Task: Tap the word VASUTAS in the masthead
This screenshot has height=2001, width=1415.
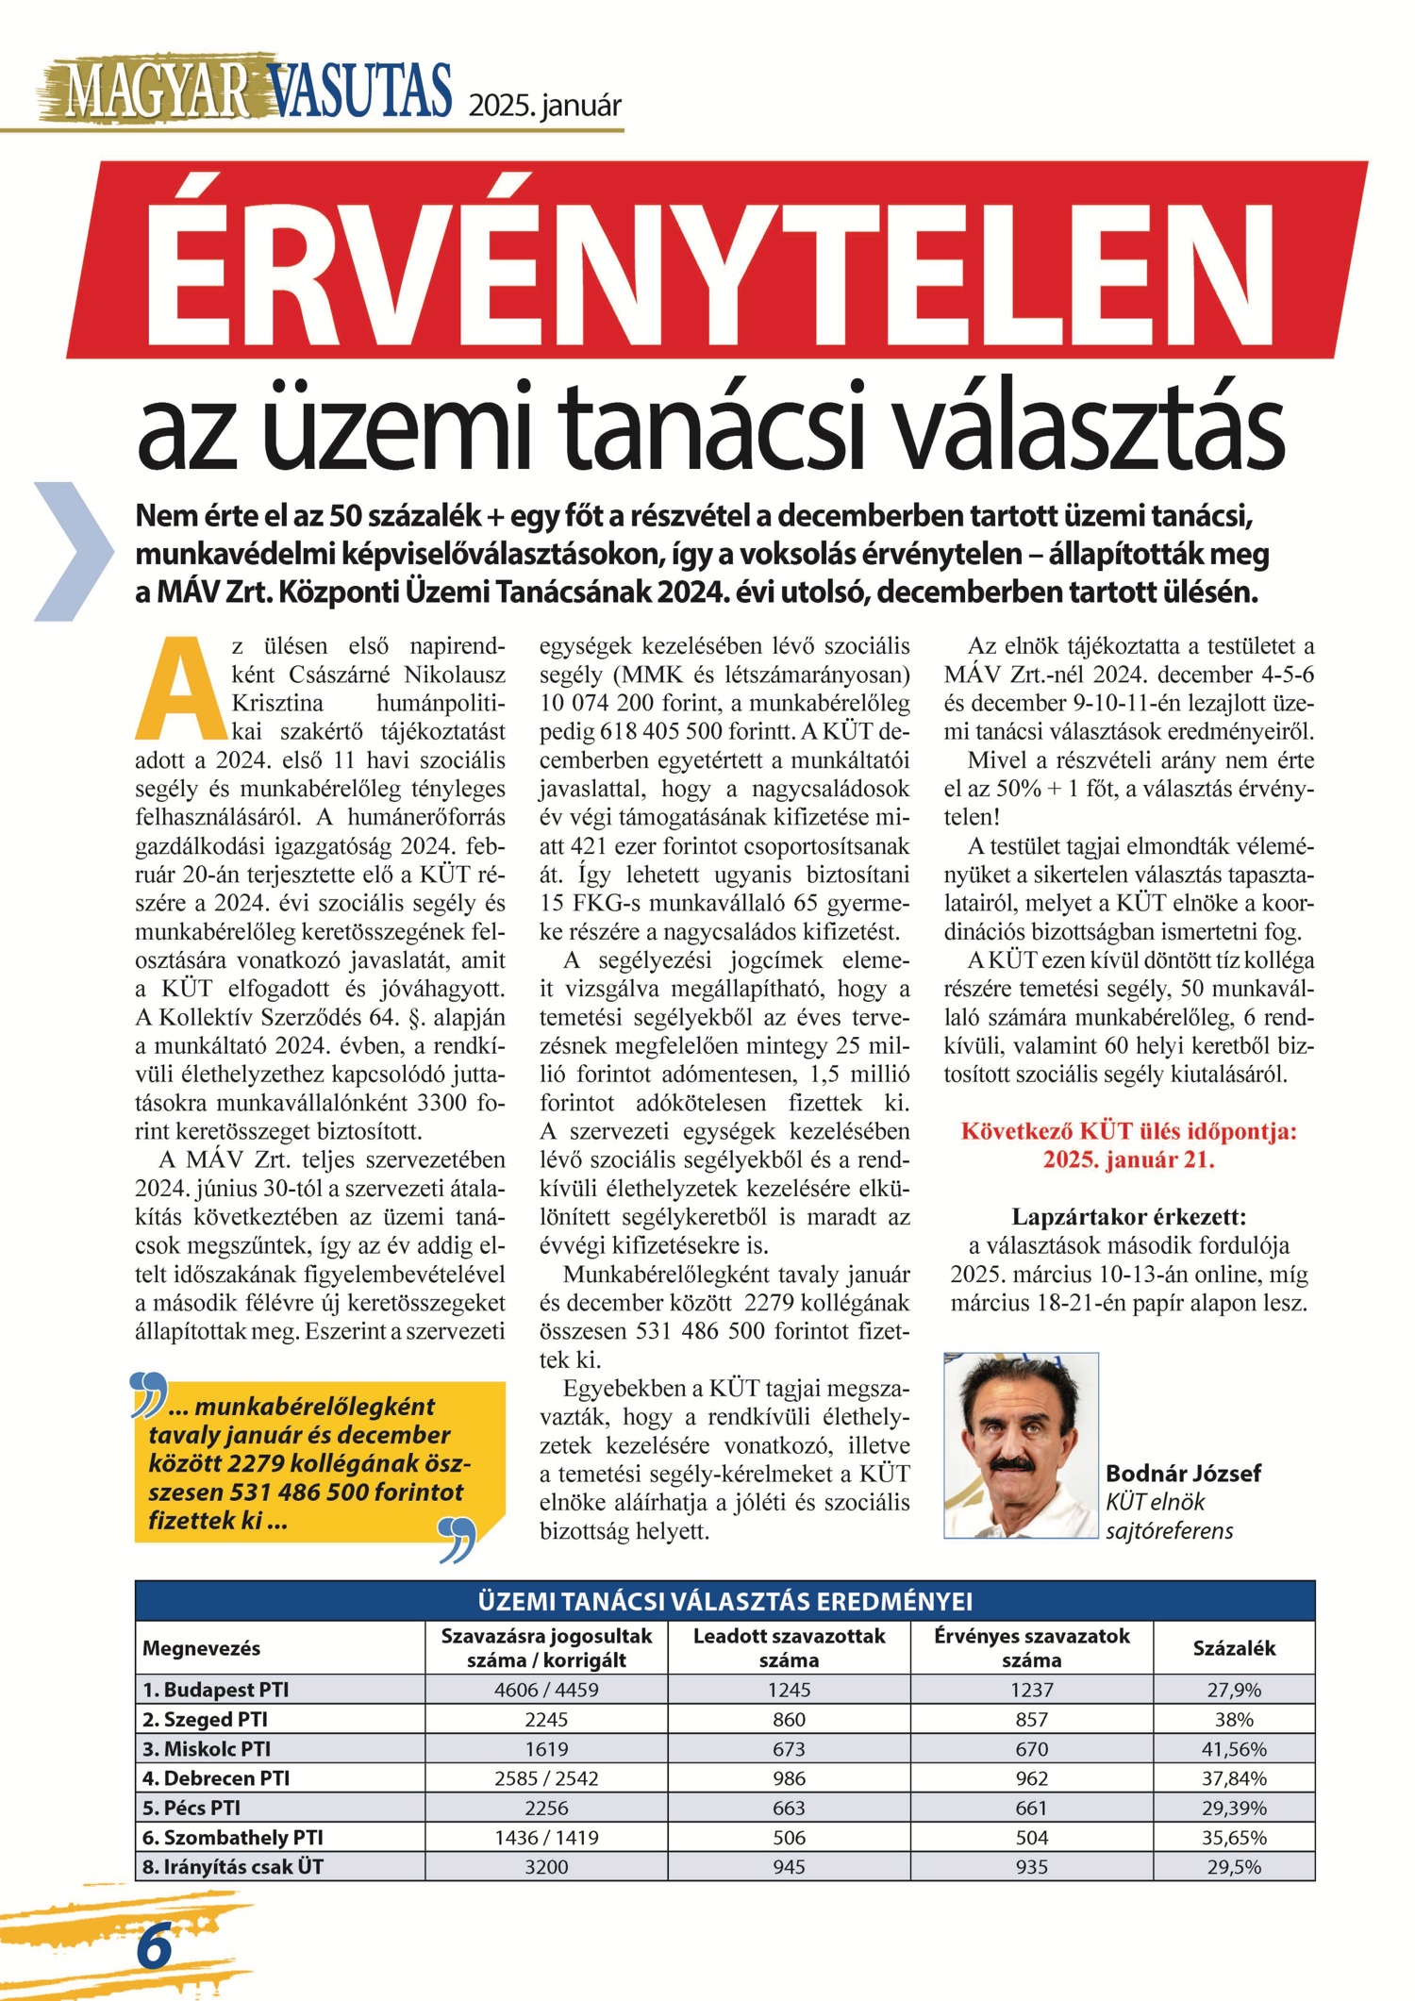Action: (361, 91)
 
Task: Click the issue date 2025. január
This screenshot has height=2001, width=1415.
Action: (545, 105)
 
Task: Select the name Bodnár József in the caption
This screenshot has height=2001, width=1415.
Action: (1182, 1474)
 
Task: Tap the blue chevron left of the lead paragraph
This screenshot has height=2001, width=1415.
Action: (72, 551)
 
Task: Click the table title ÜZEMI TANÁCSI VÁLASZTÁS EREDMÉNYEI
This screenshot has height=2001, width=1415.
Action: (724, 1602)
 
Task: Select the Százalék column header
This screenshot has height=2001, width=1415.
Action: (1234, 1648)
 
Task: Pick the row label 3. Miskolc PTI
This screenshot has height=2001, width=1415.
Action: (207, 1748)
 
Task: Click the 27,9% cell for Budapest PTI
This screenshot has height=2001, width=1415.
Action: (1234, 1690)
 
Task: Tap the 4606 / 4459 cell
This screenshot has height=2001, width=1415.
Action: (546, 1690)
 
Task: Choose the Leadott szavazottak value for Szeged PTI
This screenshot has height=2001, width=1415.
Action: (789, 1719)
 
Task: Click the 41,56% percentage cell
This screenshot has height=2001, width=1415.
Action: (1234, 1748)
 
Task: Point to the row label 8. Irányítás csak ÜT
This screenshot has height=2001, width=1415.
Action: (232, 1866)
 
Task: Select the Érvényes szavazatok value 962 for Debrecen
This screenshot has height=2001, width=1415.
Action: (1031, 1778)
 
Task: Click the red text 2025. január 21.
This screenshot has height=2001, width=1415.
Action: (1128, 1159)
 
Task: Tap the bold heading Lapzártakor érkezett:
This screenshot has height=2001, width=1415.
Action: (1128, 1217)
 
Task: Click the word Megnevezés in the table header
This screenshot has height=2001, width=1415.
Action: (201, 1648)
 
